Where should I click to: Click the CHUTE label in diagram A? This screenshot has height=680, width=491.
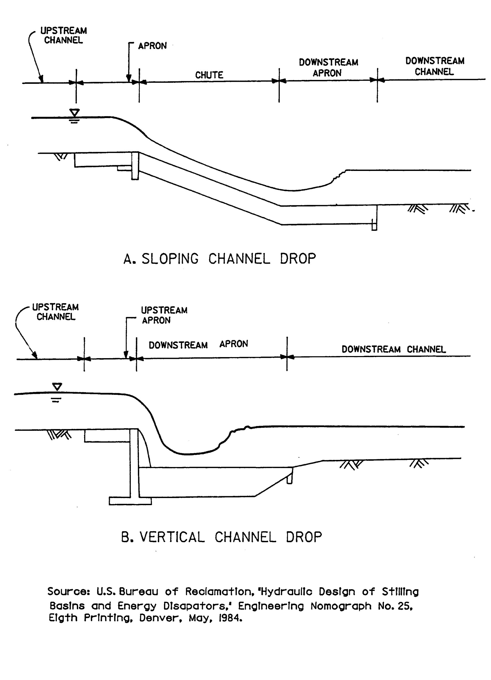209,75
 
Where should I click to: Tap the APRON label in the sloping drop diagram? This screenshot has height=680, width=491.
152,46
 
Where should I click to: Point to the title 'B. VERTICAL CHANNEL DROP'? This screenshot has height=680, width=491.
221,537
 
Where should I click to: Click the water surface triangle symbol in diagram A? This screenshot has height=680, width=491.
74,113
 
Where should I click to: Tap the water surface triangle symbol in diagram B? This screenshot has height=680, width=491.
57,387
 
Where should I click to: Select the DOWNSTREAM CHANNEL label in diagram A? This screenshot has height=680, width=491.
434,66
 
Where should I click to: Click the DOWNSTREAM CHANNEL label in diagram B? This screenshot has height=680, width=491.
394,349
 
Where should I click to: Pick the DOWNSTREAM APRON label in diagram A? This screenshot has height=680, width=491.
328,68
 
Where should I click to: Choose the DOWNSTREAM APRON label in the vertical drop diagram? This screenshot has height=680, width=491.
198,344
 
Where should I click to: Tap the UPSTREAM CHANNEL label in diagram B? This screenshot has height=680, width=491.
56,312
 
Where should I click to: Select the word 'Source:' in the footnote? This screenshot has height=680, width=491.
68,592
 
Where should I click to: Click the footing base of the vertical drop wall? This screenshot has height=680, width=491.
130,501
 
